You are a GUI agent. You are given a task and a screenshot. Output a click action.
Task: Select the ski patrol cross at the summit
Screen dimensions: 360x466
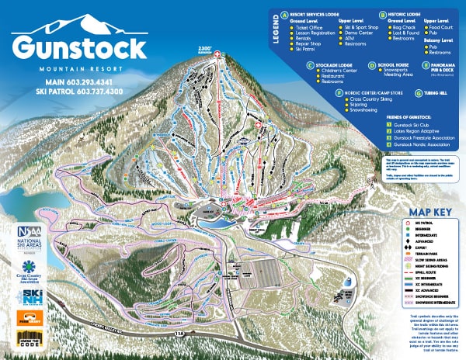click(218, 54)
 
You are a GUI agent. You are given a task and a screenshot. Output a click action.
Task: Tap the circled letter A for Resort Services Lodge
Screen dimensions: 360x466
click(285, 14)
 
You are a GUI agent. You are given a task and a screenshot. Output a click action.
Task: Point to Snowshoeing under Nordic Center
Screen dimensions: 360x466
click(366, 109)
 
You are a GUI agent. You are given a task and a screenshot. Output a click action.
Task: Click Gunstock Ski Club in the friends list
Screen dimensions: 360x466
click(419, 124)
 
